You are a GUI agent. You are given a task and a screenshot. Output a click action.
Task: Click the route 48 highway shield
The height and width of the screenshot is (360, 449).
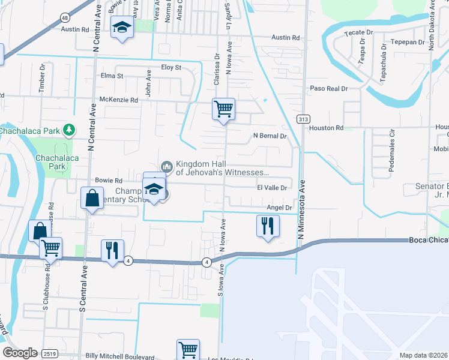coord(64,19)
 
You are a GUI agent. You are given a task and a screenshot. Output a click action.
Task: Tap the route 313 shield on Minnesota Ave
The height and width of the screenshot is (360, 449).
coord(303,119)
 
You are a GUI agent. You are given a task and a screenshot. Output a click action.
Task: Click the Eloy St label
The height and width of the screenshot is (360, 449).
coord(170,68)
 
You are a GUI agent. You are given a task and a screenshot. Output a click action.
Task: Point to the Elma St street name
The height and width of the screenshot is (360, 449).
coord(112,76)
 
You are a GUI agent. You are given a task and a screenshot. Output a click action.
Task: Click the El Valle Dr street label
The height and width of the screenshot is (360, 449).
coord(273,188)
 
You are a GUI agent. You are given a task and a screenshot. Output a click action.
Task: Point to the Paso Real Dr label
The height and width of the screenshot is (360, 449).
coord(328,88)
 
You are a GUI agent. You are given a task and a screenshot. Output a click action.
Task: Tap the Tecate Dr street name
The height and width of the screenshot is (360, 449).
coord(358,32)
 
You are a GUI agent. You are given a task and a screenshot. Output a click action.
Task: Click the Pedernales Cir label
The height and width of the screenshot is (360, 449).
coord(391,151)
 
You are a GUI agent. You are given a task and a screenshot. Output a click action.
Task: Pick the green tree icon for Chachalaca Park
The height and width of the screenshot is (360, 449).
coord(70,130)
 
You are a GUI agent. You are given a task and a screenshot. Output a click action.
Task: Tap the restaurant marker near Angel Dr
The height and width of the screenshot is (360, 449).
coord(267,226)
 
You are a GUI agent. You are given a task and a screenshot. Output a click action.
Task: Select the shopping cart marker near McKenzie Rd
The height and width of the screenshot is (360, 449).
coord(223,109)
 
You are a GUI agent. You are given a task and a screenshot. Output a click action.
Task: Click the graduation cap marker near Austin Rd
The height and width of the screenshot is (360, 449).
coord(122,28)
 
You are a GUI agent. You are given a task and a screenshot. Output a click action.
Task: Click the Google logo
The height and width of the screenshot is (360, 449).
coord(20,353)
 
